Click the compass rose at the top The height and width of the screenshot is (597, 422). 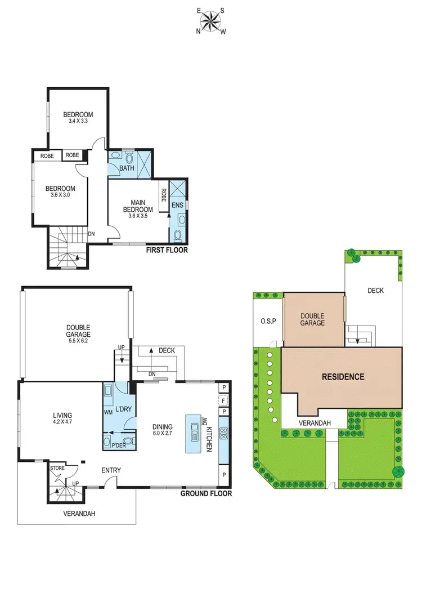210,21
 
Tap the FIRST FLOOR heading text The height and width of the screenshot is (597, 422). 167,250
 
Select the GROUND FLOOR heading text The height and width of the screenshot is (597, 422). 206,493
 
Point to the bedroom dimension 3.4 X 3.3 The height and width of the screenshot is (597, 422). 78,121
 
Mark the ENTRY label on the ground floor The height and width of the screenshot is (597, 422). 111,470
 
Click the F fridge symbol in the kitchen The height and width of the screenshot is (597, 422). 223,401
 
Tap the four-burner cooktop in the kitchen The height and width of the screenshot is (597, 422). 223,434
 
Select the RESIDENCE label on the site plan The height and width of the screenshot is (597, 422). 343,377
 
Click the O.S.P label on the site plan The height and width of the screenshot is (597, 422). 266,322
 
